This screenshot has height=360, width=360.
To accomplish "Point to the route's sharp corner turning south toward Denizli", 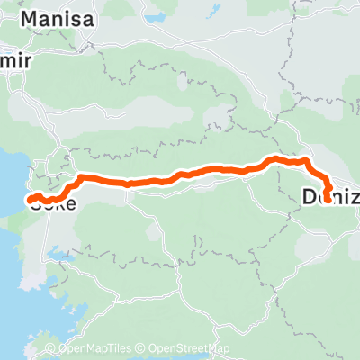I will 308,163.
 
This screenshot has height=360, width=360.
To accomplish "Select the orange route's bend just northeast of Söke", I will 80,177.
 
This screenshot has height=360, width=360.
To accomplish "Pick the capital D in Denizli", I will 310,195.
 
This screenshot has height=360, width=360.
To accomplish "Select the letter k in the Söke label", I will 59,204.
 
